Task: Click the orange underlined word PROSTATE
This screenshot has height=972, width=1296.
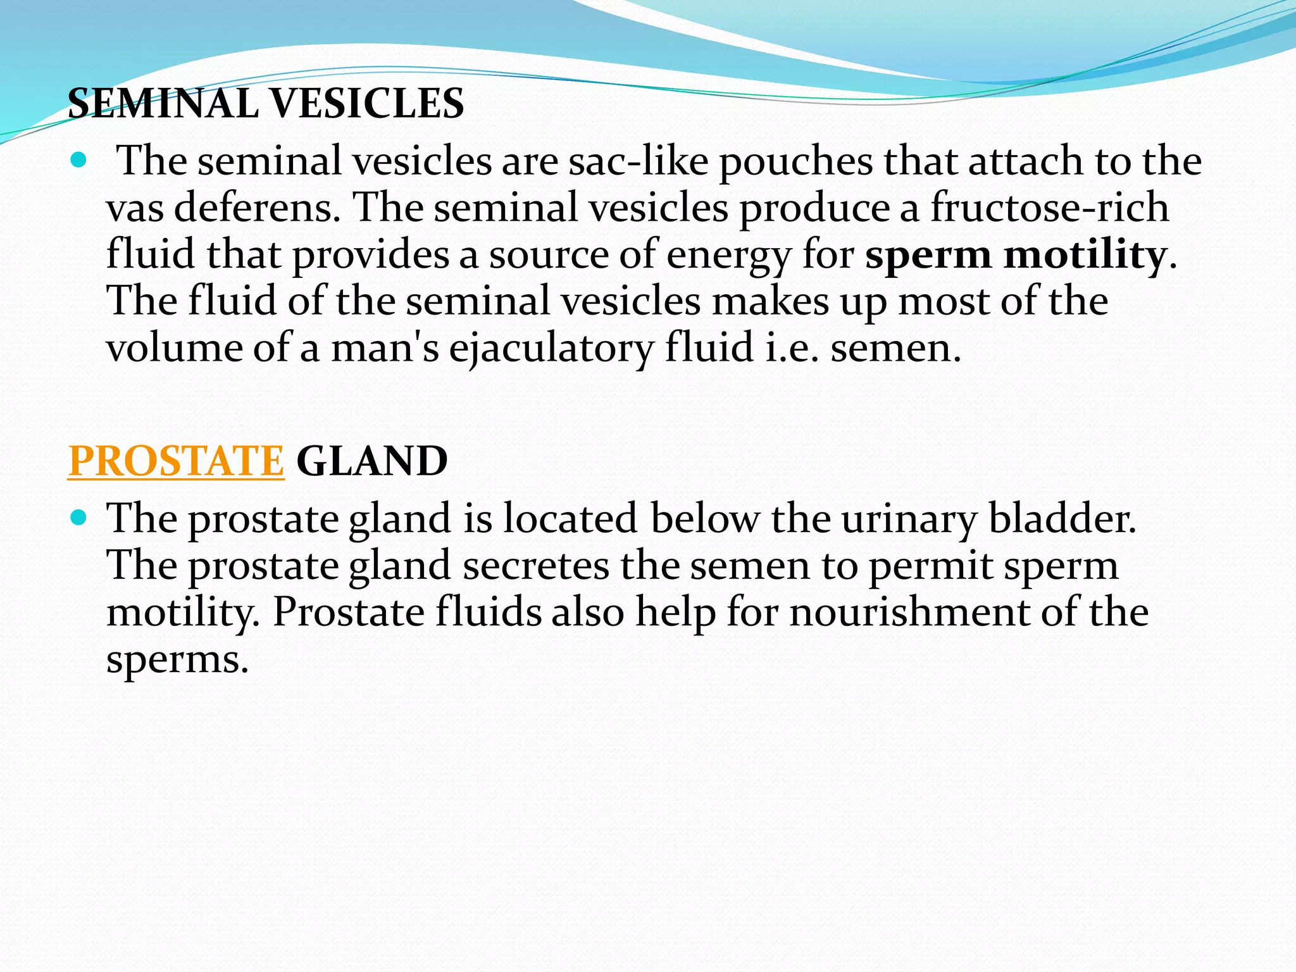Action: pyautogui.click(x=176, y=461)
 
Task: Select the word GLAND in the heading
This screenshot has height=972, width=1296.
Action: pyautogui.click(x=371, y=461)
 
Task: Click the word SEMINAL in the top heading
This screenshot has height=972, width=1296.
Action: pyautogui.click(x=163, y=103)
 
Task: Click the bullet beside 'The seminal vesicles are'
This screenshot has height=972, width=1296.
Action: pyautogui.click(x=78, y=160)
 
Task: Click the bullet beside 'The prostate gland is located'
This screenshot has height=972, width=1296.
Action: pyautogui.click(x=78, y=519)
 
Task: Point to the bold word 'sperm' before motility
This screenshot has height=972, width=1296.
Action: pyautogui.click(x=928, y=256)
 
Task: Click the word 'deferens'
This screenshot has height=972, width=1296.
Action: pyautogui.click(x=257, y=208)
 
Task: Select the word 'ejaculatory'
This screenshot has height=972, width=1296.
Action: pyautogui.click(x=551, y=349)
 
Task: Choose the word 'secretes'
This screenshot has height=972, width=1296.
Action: pyautogui.click(x=535, y=566)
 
